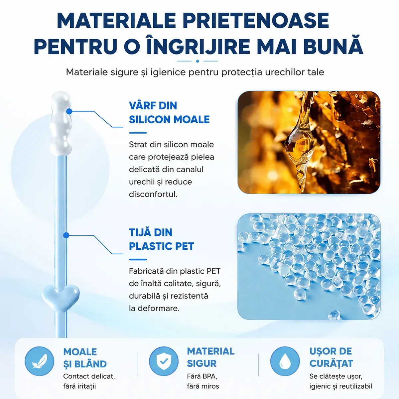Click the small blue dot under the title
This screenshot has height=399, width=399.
pos(198,61)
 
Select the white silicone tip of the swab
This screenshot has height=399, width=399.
pos(61,124)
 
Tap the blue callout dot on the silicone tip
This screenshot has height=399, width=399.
pos(69,111)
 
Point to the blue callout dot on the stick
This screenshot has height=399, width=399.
pos(66,235)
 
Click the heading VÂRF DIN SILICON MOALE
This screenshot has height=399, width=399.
pos(169,112)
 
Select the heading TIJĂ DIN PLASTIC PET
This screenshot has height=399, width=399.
pos(162,239)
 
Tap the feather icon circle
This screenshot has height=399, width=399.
pos(39,361)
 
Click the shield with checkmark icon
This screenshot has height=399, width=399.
pos(164,361)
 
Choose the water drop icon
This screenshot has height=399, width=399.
pos(285,361)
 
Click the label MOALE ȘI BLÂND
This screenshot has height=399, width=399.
pos(85,358)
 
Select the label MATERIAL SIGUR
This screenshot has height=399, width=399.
pos(211,357)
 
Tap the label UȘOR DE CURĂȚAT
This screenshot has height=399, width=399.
pos(331,357)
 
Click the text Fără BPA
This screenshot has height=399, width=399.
pos(202,376)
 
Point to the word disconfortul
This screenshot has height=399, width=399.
pos(153,194)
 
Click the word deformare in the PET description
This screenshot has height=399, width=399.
pos(158,309)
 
